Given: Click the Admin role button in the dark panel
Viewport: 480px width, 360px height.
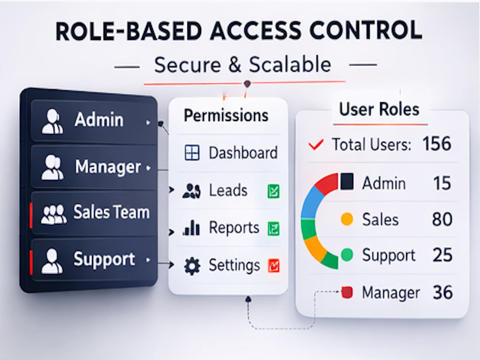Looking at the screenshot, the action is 94,120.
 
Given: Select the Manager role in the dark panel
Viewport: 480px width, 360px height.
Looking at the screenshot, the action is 94,167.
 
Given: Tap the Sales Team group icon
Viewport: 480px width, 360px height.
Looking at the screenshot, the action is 54,214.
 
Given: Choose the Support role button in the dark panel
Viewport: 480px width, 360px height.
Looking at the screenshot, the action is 94,260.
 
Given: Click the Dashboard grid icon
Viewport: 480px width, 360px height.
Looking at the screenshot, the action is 192,153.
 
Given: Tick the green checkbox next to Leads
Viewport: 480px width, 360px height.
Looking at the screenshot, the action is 274,192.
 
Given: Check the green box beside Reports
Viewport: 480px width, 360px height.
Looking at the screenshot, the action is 274,228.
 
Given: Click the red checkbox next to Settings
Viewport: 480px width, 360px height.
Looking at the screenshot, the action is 274,266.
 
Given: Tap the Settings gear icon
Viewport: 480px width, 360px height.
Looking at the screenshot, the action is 192,266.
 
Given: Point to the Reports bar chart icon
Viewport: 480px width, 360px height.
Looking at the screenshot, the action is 192,228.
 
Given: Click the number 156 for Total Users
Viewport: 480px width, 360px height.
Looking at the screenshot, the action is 437,144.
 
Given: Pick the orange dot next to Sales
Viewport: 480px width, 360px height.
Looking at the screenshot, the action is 347,219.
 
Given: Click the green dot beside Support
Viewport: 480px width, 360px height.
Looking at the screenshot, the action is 347,255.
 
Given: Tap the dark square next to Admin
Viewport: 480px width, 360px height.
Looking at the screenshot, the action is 347,181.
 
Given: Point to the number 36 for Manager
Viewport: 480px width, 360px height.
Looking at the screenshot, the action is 443,292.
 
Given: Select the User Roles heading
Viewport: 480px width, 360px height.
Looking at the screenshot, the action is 379,109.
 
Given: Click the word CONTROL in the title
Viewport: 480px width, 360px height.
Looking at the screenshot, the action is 366,31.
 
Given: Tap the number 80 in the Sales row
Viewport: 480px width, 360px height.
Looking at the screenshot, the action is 442,219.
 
